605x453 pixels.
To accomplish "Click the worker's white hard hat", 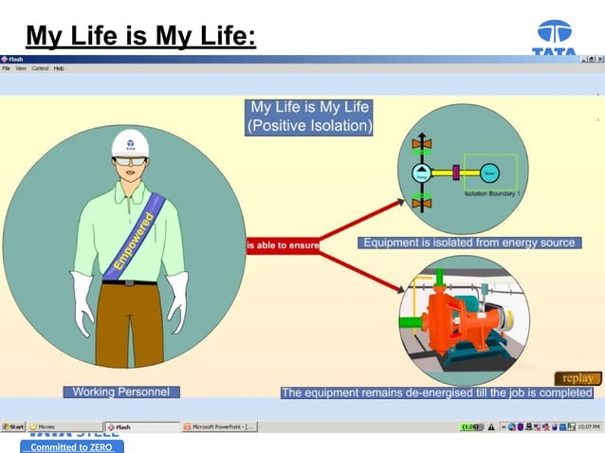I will pyautogui.click(x=130, y=143).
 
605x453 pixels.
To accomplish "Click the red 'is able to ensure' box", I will pyautogui.click(x=283, y=245).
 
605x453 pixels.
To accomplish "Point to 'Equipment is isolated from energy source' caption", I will pyautogui.click(x=469, y=243).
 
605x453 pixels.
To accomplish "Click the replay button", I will pyautogui.click(x=577, y=378).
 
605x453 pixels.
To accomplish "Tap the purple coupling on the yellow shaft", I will pyautogui.click(x=455, y=172).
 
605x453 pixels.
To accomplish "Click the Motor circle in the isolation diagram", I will pyautogui.click(x=489, y=172).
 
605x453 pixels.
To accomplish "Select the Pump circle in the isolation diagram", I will pyautogui.click(x=421, y=172).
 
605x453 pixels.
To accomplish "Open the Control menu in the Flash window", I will pyautogui.click(x=40, y=68).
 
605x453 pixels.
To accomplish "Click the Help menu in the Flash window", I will pyautogui.click(x=59, y=68).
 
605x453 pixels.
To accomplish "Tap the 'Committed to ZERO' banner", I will pyautogui.click(x=72, y=446).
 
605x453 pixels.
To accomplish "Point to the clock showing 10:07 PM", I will pyautogui.click(x=589, y=427).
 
